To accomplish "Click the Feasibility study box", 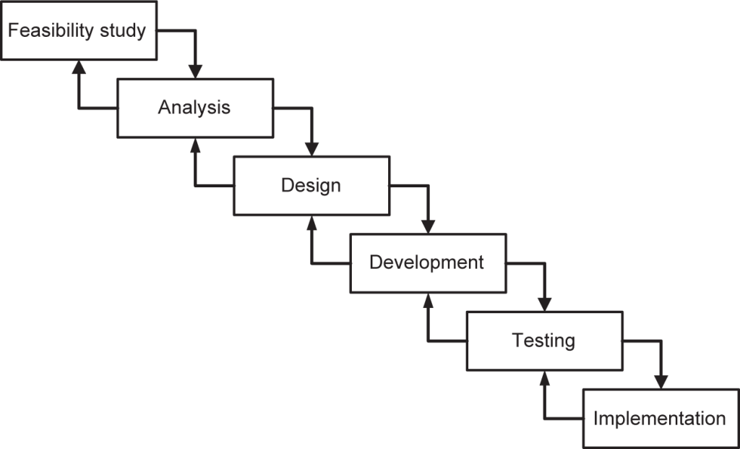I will [x=78, y=31].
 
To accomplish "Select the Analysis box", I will [x=195, y=108].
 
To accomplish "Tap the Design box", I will [x=311, y=185].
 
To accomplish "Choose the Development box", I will [x=428, y=262].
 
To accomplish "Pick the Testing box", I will [x=544, y=340].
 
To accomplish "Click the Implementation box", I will [x=660, y=418].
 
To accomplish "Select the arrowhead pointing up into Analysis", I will [x=195, y=145].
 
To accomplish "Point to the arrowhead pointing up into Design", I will [x=311, y=223].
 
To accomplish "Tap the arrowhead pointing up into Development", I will [x=428, y=300].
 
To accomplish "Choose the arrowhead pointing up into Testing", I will [x=544, y=377].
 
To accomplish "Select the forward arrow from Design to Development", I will [x=419, y=186].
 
